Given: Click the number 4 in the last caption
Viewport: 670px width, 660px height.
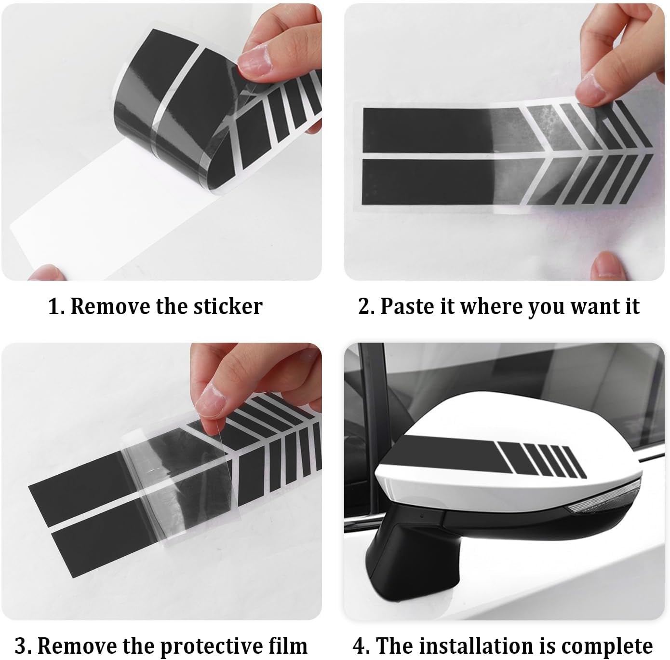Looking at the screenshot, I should point(359,646).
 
